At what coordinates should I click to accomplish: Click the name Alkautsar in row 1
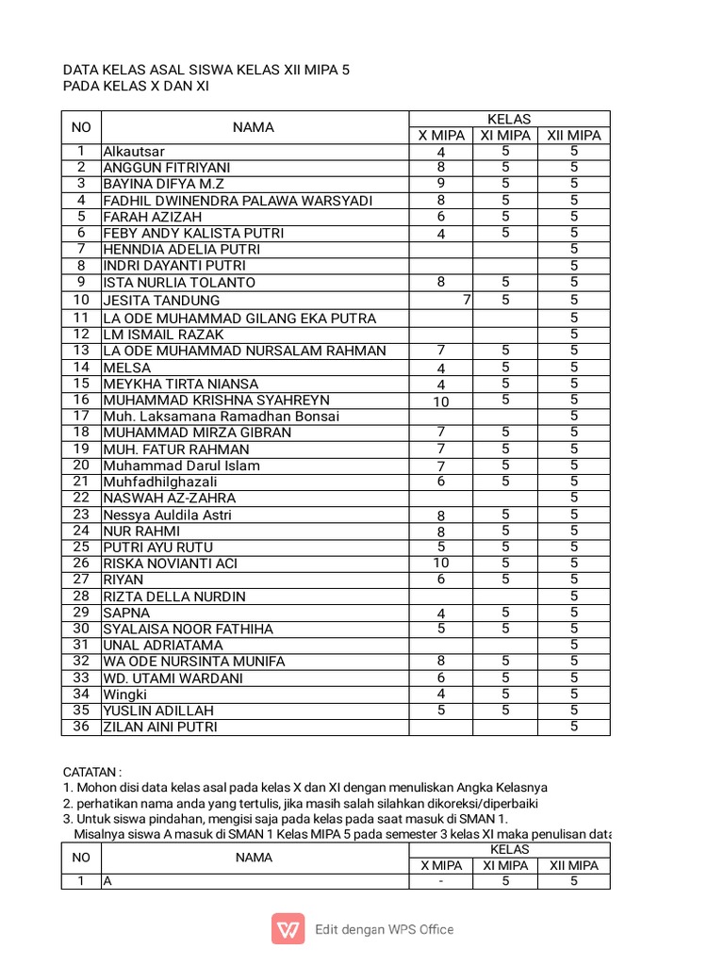[x=134, y=152]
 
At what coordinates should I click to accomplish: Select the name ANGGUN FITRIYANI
[x=166, y=168]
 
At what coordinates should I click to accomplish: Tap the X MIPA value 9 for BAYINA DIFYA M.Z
[x=440, y=184]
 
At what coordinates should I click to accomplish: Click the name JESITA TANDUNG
[x=161, y=301]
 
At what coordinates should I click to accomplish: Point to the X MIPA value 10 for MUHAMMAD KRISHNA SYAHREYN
[x=440, y=401]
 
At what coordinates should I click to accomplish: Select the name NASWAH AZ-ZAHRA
[x=170, y=498]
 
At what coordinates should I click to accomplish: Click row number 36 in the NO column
[x=81, y=727]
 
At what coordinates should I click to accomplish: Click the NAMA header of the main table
[x=254, y=127]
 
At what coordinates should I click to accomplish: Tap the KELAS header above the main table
[x=509, y=119]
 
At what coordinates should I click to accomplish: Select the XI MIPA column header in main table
[x=505, y=136]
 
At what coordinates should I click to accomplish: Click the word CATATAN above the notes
[x=91, y=772]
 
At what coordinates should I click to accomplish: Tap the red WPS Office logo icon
[x=288, y=929]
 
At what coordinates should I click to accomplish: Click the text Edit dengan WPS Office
[x=384, y=929]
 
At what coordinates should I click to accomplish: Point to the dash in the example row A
[x=440, y=881]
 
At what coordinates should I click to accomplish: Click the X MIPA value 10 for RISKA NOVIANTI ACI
[x=440, y=564]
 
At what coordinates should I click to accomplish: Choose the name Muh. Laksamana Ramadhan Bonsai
[x=221, y=417]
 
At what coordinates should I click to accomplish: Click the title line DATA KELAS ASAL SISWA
[x=206, y=70]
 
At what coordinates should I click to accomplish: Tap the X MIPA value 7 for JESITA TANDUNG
[x=466, y=300]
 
